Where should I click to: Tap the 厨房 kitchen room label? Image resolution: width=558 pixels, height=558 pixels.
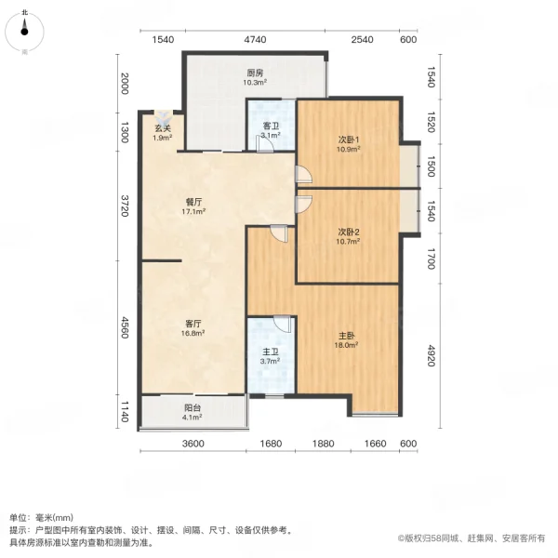click(x=255, y=73)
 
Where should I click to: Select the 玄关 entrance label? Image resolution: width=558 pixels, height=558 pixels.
click(x=162, y=129)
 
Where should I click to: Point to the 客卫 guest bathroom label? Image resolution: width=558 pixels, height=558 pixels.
click(x=270, y=126)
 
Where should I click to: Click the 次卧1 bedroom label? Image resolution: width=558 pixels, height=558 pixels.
click(x=349, y=140)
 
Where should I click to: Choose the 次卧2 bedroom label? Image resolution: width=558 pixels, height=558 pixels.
click(x=349, y=232)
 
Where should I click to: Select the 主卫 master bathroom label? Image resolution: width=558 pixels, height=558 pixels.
click(x=270, y=351)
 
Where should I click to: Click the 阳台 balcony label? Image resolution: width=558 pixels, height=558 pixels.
click(x=193, y=405)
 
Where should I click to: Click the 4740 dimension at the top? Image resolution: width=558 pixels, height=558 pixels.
click(x=255, y=39)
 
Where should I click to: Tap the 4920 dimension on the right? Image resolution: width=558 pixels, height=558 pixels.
click(x=431, y=356)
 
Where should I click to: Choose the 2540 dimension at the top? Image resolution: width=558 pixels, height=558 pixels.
click(x=363, y=39)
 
